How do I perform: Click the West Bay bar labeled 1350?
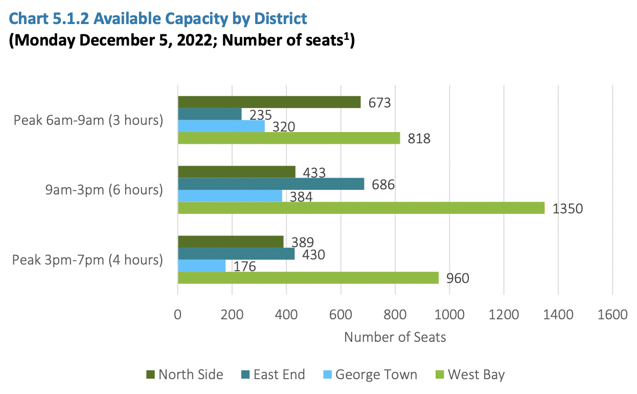click(x=361, y=208)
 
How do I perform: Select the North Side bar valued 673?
click(x=269, y=102)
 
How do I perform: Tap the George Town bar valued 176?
click(x=201, y=266)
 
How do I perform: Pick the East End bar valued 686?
click(x=271, y=184)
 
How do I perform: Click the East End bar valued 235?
click(x=210, y=114)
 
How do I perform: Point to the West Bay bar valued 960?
click(x=308, y=278)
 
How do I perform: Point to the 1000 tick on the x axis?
click(x=449, y=314)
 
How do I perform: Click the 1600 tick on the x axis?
click(x=612, y=314)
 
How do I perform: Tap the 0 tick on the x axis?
click(x=178, y=314)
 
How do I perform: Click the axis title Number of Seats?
click(x=395, y=337)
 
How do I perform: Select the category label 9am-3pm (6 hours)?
click(x=104, y=190)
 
